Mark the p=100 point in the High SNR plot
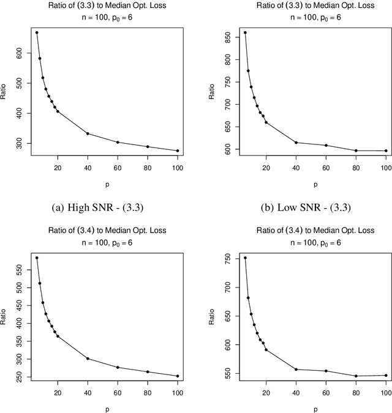[x=178, y=151]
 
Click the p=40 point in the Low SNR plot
[x=296, y=143]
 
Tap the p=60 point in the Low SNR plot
[x=326, y=145]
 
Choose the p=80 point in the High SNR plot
[x=148, y=146]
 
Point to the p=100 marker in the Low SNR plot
[x=385, y=151]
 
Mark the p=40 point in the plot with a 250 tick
[x=88, y=359]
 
